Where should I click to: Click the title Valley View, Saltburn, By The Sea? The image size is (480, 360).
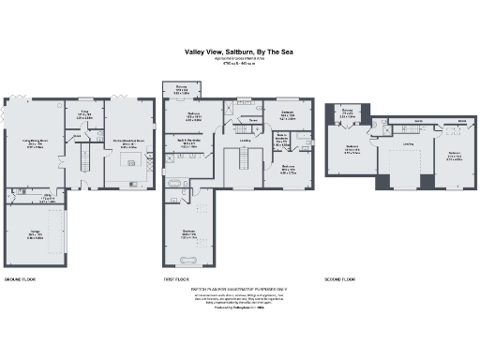coord(239,53)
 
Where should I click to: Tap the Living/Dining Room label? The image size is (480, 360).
coord(36,143)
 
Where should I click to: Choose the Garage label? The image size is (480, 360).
coord(34,235)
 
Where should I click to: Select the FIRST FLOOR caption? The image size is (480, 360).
coord(176,279)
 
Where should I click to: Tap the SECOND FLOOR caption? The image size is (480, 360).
coord(341,279)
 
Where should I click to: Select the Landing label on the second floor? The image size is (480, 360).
coord(408,144)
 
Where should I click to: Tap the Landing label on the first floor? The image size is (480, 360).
coord(246,142)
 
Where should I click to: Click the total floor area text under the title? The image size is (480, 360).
coord(239,67)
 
